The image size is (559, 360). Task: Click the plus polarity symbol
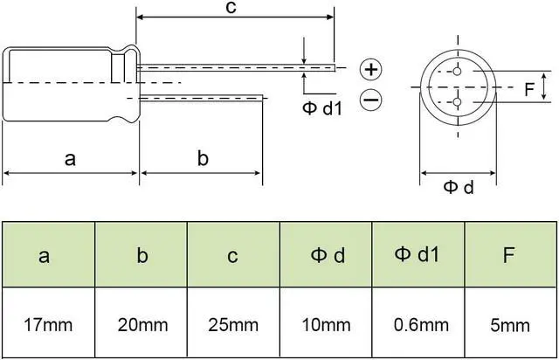pyautogui.click(x=371, y=69)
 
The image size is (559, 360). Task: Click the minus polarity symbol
pyautogui.click(x=371, y=100)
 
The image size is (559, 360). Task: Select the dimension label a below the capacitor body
pyautogui.click(x=71, y=159)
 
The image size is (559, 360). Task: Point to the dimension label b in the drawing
pyautogui.click(x=202, y=159)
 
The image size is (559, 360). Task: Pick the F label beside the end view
pyautogui.click(x=528, y=88)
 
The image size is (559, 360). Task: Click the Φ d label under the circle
pyautogui.click(x=458, y=186)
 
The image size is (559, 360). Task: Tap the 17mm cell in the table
pyautogui.click(x=47, y=325)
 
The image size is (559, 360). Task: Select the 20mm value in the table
pyautogui.click(x=141, y=325)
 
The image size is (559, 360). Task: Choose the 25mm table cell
pyautogui.click(x=234, y=325)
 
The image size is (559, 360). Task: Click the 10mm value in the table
pyautogui.click(x=327, y=325)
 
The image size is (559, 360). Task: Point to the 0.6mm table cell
pyautogui.click(x=418, y=325)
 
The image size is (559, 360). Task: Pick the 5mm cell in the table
pyautogui.click(x=511, y=325)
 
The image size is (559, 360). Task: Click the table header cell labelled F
pyautogui.click(x=511, y=255)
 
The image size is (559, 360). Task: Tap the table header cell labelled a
pyautogui.click(x=47, y=255)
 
